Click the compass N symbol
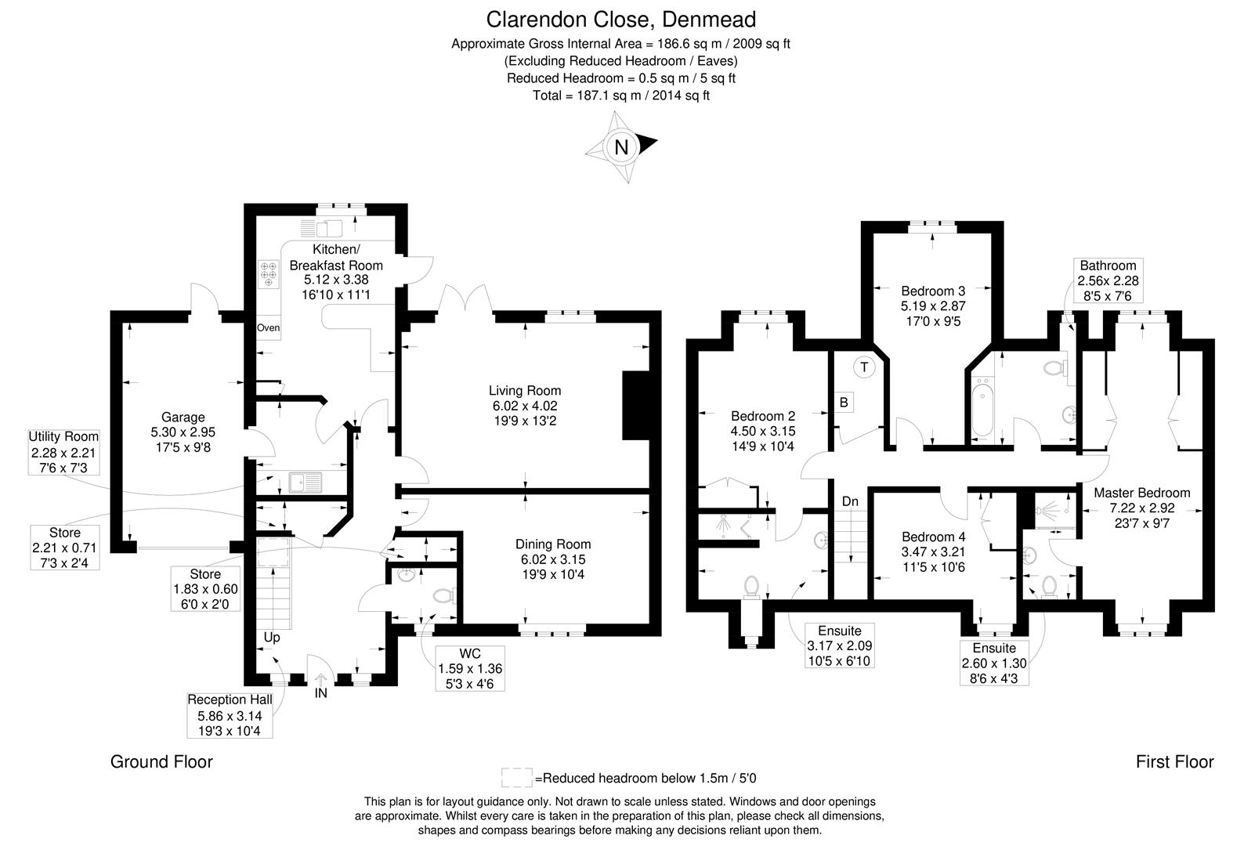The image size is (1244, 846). point(621,147)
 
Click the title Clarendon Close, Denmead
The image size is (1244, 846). point(621,18)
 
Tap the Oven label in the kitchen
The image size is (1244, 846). point(268,328)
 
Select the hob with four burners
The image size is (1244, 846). point(269,274)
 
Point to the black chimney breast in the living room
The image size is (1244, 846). point(635,405)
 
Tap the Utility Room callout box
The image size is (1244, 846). point(64,453)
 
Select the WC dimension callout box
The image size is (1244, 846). point(470,669)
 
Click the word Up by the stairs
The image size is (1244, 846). point(271,638)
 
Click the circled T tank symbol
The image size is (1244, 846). point(864,367)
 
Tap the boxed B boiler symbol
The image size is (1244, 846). point(844,403)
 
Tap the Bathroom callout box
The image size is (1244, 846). point(1108,280)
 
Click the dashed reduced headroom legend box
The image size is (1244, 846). point(517,778)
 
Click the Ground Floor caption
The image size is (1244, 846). point(161,761)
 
